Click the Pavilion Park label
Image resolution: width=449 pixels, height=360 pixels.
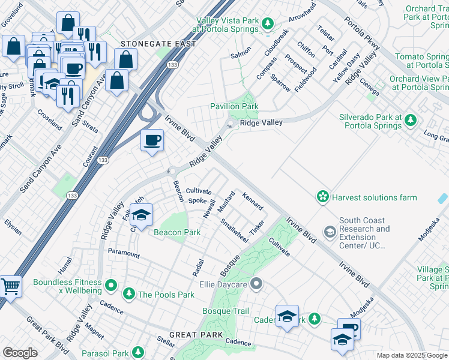pos(234,106)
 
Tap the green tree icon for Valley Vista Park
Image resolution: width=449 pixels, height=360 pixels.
pos(268,24)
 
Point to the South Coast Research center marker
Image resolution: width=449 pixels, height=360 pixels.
pos(330,231)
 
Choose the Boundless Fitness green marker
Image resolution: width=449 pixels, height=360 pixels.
pos(110,284)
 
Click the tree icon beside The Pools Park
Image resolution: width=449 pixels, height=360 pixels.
pos(128,294)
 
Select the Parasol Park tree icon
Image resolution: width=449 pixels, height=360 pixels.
pos(138,352)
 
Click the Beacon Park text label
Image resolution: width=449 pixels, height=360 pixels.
pos(177,232)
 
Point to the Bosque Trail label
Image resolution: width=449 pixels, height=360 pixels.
pos(225,311)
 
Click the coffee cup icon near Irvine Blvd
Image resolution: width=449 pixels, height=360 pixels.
pos(151,140)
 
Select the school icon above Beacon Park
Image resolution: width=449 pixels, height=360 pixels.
pos(140,214)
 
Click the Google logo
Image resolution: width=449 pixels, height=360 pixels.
pos(20,353)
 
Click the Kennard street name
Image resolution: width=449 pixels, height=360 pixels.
pos(252,201)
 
